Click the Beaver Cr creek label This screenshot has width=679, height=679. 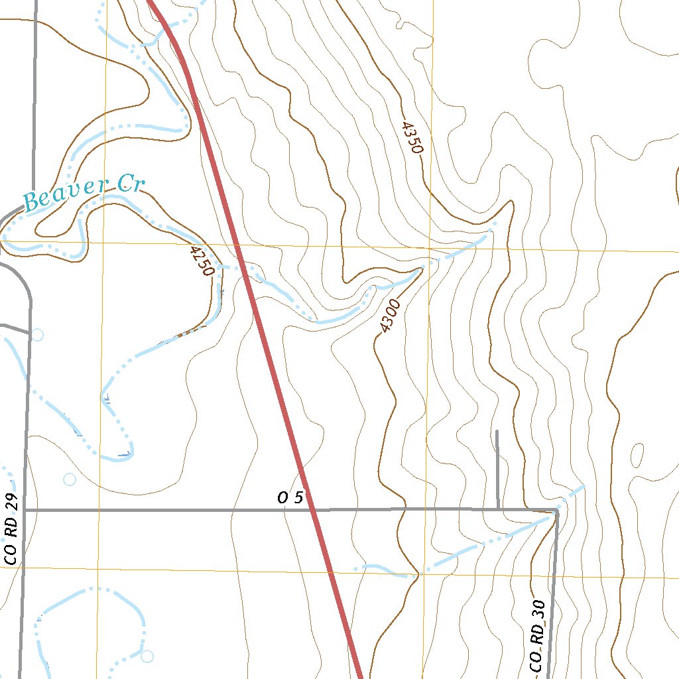coord(84,192)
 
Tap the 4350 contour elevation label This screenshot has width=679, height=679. coord(411,137)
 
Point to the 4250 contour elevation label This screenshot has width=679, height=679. coord(202,261)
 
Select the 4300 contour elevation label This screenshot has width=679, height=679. coord(390,316)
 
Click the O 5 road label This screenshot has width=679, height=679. coord(290,498)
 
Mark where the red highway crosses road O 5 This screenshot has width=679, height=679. coord(313,510)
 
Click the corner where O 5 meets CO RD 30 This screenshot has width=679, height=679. coord(556,511)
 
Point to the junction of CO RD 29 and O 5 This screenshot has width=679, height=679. coord(25,511)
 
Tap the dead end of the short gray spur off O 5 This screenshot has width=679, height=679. coord(497,431)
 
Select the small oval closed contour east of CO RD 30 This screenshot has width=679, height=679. coord(637,455)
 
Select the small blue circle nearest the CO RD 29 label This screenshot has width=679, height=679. coord(69,479)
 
